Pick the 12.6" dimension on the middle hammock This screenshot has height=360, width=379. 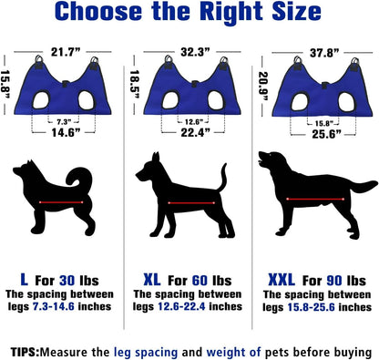pos(188,120)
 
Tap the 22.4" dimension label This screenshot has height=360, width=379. pos(188,133)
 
